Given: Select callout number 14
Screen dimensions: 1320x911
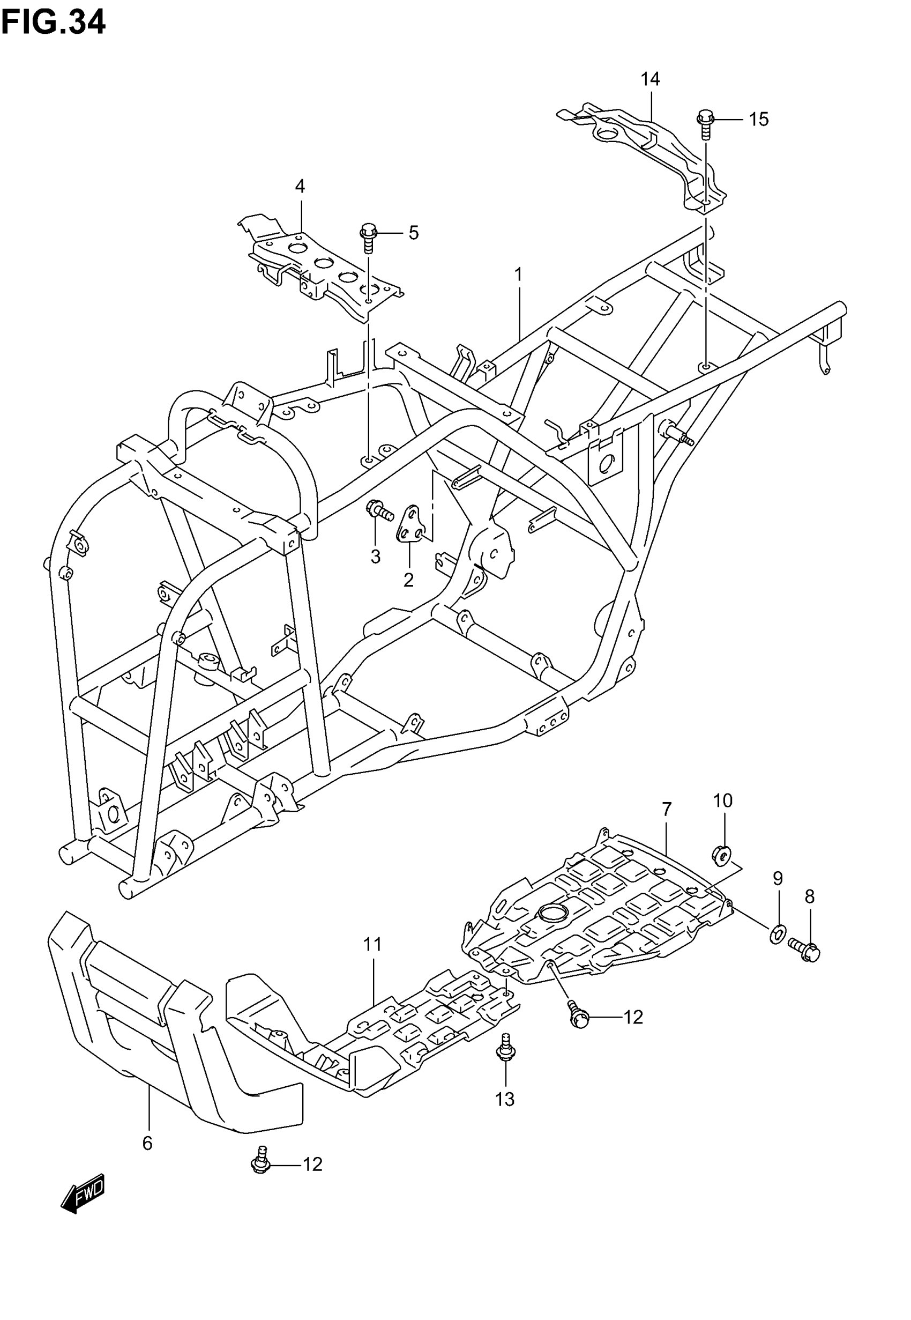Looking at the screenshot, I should [649, 79].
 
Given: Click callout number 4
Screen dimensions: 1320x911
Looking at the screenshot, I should [300, 186].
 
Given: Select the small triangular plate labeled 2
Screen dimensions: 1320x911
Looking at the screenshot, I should [410, 524].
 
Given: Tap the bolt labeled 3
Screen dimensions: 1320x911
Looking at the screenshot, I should [378, 509].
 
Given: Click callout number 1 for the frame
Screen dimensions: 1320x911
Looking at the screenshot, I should [518, 275].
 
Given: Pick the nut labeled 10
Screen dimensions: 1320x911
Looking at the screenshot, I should [722, 855].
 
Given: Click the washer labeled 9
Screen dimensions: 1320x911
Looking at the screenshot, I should [777, 935].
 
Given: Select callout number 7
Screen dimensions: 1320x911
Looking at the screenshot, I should [667, 810].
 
